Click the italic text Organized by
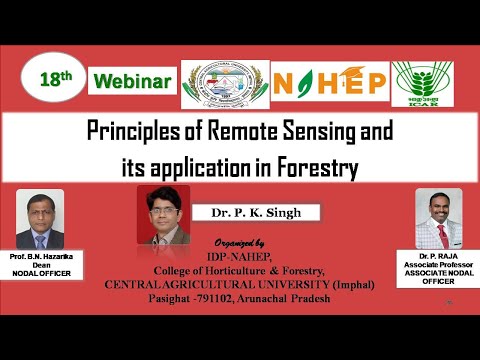click(240, 243)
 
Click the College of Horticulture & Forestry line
click(240, 270)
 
